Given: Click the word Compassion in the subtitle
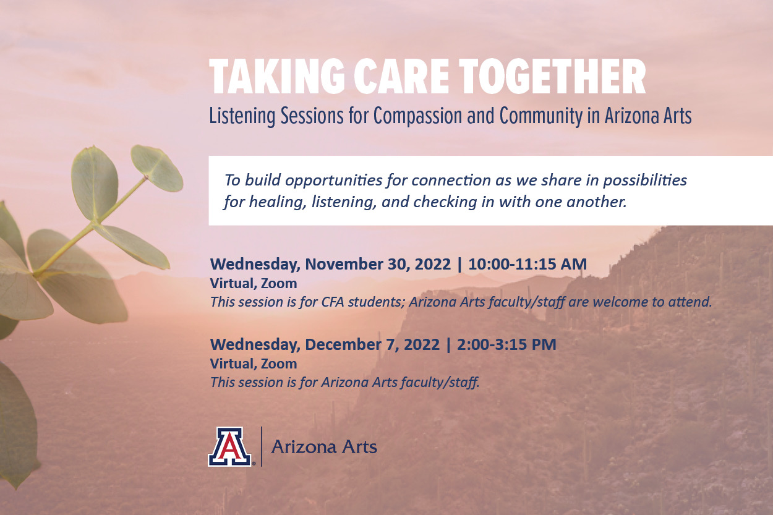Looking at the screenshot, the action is click(417, 116).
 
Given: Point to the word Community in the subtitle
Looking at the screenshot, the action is click(541, 116).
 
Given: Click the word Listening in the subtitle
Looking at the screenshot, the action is click(242, 116).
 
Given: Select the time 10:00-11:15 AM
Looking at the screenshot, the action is click(527, 264).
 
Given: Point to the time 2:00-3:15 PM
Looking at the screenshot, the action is click(506, 344).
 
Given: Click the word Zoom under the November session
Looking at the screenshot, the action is click(279, 284).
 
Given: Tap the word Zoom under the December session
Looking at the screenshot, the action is click(279, 364).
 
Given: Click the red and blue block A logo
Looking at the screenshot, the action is click(229, 447).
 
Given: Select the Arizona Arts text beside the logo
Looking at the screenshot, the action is click(324, 447).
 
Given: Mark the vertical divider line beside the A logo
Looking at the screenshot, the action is click(261, 446).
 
